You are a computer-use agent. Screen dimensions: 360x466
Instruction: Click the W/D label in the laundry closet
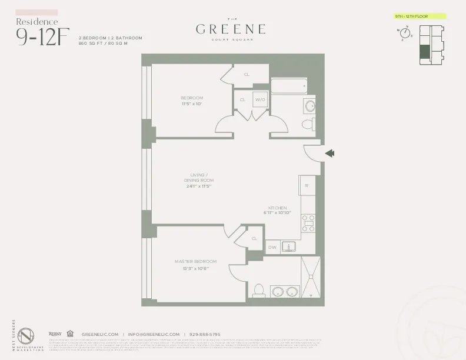pyautogui.click(x=260, y=100)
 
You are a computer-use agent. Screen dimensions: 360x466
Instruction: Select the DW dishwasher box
pyautogui.click(x=272, y=248)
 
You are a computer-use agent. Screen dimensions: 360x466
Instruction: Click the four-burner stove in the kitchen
pyautogui.click(x=308, y=223)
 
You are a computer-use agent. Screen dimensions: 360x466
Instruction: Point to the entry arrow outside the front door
pyautogui.click(x=330, y=154)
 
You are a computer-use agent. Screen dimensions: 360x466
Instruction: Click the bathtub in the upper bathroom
pyautogui.click(x=289, y=86)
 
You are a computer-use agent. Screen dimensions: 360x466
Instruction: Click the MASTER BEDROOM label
pyautogui.click(x=195, y=261)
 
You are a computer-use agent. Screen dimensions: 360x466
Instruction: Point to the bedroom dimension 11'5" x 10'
pyautogui.click(x=192, y=104)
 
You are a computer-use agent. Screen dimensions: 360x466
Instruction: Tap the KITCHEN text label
pyautogui.click(x=277, y=208)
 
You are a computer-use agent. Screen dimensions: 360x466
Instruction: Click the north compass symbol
pyautogui.click(x=405, y=33)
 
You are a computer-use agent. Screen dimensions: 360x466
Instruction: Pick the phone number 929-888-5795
pyautogui.click(x=204, y=334)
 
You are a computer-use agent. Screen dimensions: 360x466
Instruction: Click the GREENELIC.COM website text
pyautogui.click(x=100, y=334)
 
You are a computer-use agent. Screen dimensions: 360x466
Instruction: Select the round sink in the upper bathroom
pyautogui.click(x=309, y=106)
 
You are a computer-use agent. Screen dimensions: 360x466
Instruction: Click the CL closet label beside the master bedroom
pyautogui.click(x=254, y=239)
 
